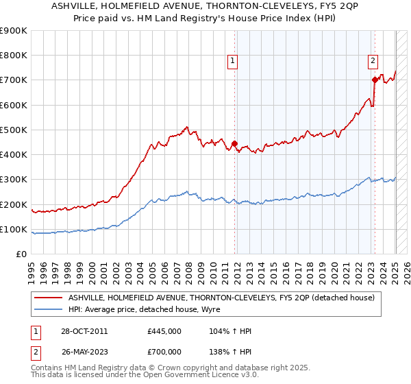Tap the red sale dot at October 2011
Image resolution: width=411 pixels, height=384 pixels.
coord(234,144)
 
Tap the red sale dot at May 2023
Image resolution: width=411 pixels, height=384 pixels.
coord(375,80)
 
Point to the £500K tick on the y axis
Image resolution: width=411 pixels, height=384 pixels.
coord(14,130)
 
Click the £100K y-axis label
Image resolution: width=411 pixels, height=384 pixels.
coord(14,229)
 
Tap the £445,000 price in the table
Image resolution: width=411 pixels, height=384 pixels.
coord(164,331)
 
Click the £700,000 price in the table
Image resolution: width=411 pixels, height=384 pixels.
coord(164,350)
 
